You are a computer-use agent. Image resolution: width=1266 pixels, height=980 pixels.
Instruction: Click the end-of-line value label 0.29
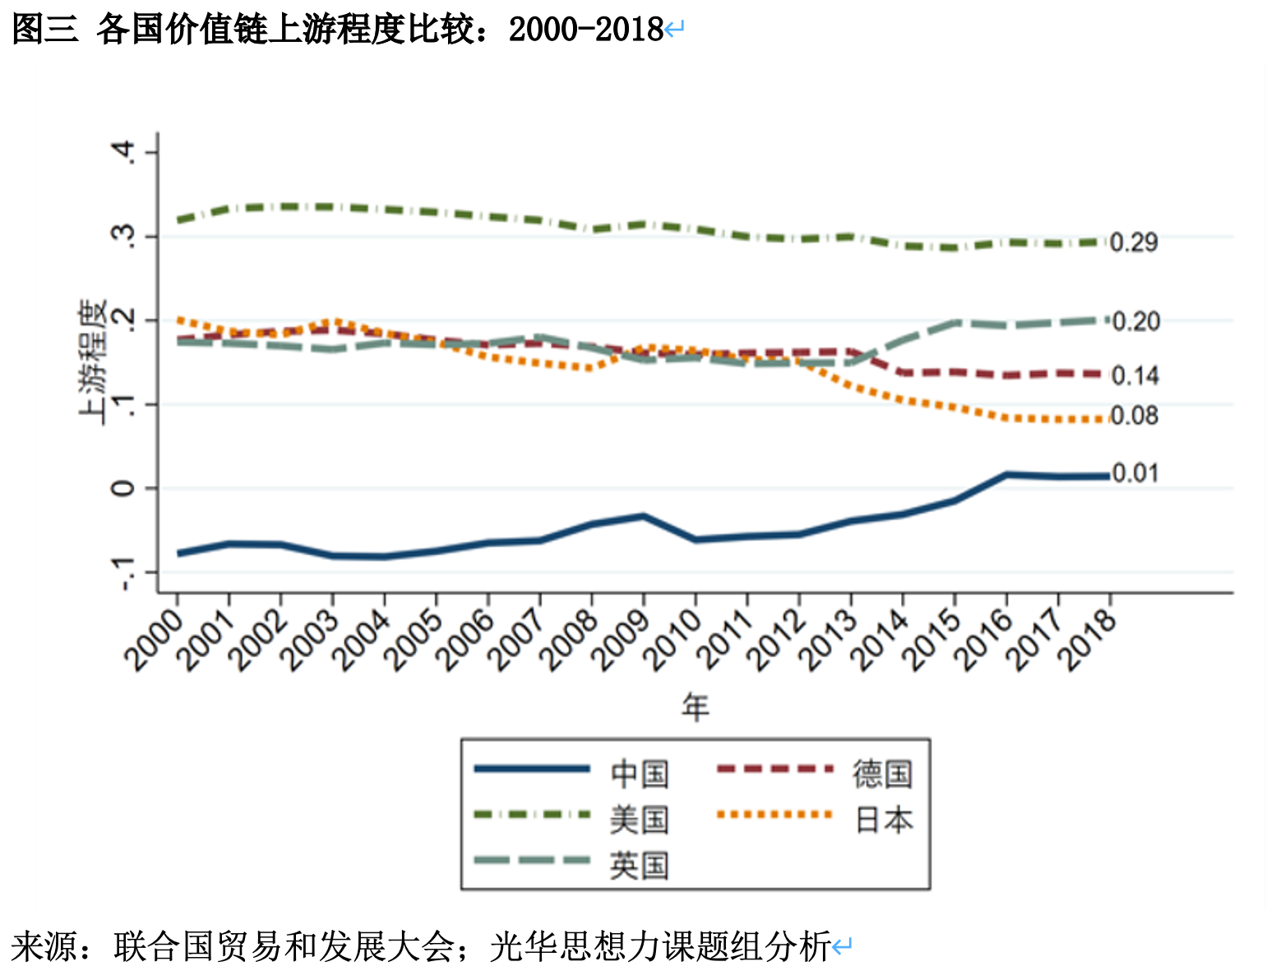pos(1134,243)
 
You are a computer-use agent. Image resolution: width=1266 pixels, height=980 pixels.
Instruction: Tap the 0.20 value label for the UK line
pos(1135,321)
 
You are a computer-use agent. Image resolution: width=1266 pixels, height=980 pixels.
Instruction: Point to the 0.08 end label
pos(1134,416)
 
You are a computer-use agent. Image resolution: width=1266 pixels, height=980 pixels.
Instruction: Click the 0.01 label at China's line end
pos(1134,474)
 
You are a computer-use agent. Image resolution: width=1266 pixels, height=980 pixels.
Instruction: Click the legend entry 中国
pos(640,773)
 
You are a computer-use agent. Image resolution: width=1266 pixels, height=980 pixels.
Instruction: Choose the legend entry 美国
pos(640,820)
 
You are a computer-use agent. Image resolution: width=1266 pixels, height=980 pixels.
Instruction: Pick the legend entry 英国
pos(640,866)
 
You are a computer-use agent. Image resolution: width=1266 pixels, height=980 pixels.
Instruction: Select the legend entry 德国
pos(883,773)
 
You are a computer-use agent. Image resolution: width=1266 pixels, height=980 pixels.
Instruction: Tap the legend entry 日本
pos(883,820)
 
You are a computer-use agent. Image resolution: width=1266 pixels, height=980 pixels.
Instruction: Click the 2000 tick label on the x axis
pos(155,640)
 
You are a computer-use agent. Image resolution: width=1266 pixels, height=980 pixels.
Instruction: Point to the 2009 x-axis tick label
pos(621,640)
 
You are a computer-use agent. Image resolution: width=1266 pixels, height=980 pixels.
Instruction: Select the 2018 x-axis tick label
pos(1087,640)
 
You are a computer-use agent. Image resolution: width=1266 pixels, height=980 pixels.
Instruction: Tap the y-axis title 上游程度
pos(93,362)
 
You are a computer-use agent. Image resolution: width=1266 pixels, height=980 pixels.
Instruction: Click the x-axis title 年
pos(695,707)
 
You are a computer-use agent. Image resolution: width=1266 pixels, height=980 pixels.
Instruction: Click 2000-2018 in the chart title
pos(585,30)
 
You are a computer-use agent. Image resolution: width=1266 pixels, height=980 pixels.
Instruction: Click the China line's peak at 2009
pos(644,516)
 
